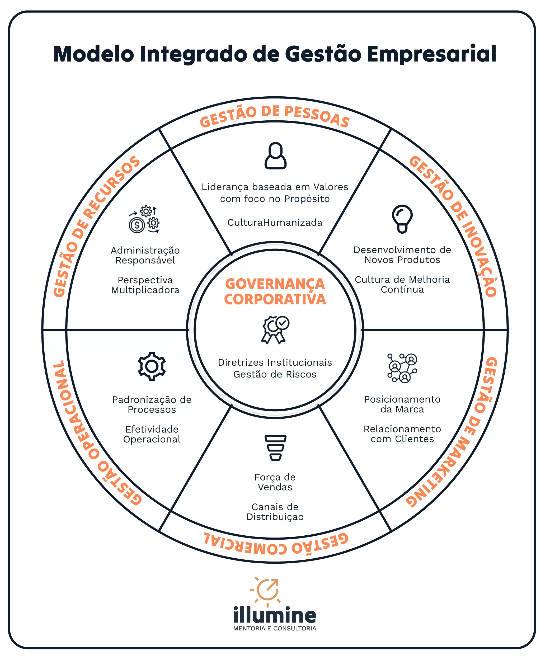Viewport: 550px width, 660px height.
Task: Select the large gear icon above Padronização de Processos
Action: coord(152,366)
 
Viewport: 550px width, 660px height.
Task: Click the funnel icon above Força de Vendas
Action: coord(275,447)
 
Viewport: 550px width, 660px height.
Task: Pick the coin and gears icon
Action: coord(144,220)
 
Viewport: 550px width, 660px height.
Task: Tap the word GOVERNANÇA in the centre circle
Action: coord(275,284)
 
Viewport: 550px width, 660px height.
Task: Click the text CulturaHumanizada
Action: coord(275,223)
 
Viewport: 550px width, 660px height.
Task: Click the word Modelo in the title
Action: coord(94,54)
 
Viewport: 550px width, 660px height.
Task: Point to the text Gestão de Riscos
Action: coord(275,374)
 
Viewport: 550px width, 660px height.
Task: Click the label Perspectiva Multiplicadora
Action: coord(145,285)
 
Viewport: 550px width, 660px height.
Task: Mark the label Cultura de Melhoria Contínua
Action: coord(402,284)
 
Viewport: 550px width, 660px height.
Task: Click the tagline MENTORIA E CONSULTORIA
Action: coord(275,629)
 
